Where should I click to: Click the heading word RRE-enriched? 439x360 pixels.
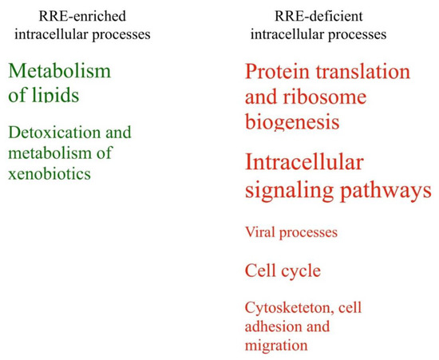click(82, 16)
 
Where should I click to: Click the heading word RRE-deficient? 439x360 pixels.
click(318, 16)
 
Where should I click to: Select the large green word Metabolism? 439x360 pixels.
click(60, 71)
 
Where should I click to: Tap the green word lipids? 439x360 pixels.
click(56, 95)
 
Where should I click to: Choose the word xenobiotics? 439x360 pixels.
click(49, 173)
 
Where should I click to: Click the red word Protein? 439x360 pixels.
click(278, 71)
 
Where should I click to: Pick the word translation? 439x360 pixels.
click(363, 71)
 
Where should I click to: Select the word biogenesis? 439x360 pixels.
click(292, 123)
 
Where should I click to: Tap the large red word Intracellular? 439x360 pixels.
click(304, 162)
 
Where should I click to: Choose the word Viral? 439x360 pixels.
click(260, 232)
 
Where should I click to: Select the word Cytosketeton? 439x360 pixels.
click(289, 308)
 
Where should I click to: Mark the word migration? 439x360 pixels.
click(276, 346)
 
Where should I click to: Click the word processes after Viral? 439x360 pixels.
click(308, 233)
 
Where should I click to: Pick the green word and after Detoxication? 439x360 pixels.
click(118, 133)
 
